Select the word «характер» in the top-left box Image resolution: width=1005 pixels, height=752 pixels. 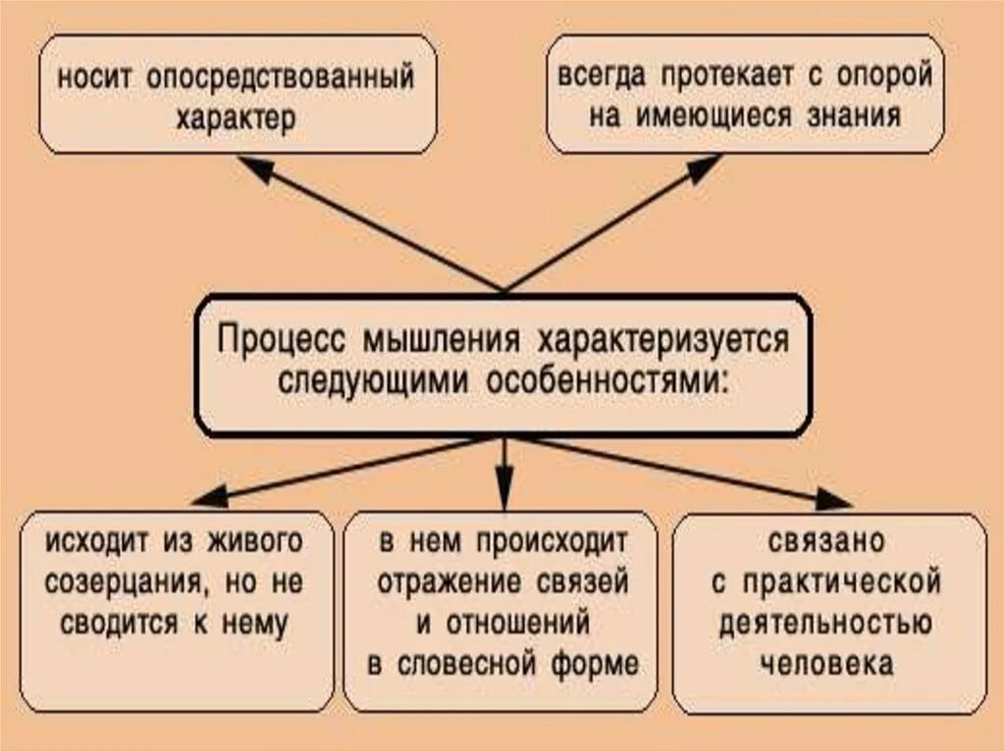pyautogui.click(x=236, y=116)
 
